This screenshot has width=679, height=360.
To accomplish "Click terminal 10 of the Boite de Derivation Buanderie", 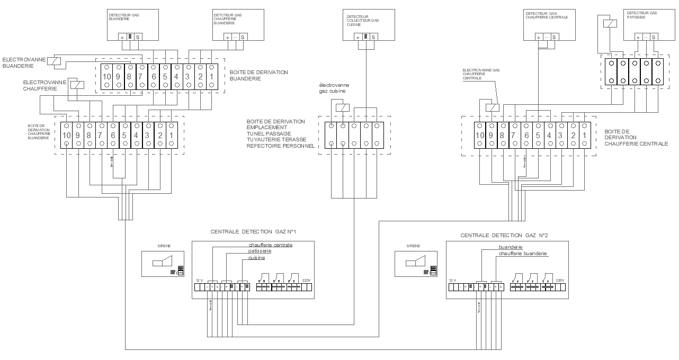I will point(106,77).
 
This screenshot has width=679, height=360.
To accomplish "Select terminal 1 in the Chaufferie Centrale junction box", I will point(584,135).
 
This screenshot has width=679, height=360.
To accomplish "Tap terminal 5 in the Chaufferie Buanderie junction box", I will point(125,135).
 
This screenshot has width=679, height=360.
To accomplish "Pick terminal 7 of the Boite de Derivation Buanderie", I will point(142,77).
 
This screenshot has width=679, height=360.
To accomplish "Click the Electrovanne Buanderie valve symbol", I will point(55,61).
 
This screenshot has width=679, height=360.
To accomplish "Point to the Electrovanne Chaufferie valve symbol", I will point(78,85).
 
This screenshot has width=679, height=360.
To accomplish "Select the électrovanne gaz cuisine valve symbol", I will point(343,108).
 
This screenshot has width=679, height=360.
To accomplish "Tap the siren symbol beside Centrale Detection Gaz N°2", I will point(415,261).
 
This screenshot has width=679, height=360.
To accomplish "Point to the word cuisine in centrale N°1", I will point(257,258).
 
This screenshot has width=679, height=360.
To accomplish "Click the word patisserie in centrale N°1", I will point(260,251).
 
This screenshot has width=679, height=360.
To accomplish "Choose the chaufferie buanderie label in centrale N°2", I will point(523,254).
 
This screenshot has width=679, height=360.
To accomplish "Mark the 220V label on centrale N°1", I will point(306,280).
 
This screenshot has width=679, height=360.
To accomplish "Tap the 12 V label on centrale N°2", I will point(452,280).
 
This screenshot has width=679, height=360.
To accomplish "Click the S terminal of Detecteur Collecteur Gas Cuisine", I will point(373,37).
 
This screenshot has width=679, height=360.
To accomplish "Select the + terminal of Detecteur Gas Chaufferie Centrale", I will point(539,37).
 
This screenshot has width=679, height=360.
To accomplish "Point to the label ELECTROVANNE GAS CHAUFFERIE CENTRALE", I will point(480,74).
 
